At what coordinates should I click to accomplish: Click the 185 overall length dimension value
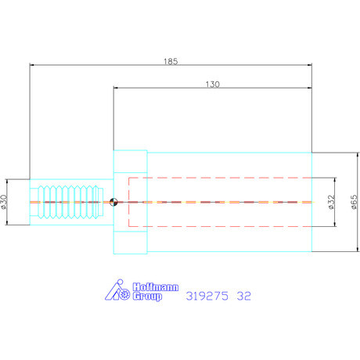click(x=171, y=59)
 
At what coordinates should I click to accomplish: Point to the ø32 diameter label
click(x=331, y=202)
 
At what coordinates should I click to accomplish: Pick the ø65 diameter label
click(x=355, y=202)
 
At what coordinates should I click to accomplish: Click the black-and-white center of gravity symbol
click(x=114, y=202)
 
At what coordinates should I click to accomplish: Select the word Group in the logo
click(x=146, y=297)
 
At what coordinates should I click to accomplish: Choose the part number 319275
click(x=208, y=297)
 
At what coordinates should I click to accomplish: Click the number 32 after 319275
click(x=245, y=297)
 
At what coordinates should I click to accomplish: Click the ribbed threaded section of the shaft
click(x=67, y=202)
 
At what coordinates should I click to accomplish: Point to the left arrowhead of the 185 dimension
click(x=33, y=65)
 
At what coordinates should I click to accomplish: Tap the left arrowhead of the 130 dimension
click(x=117, y=89)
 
